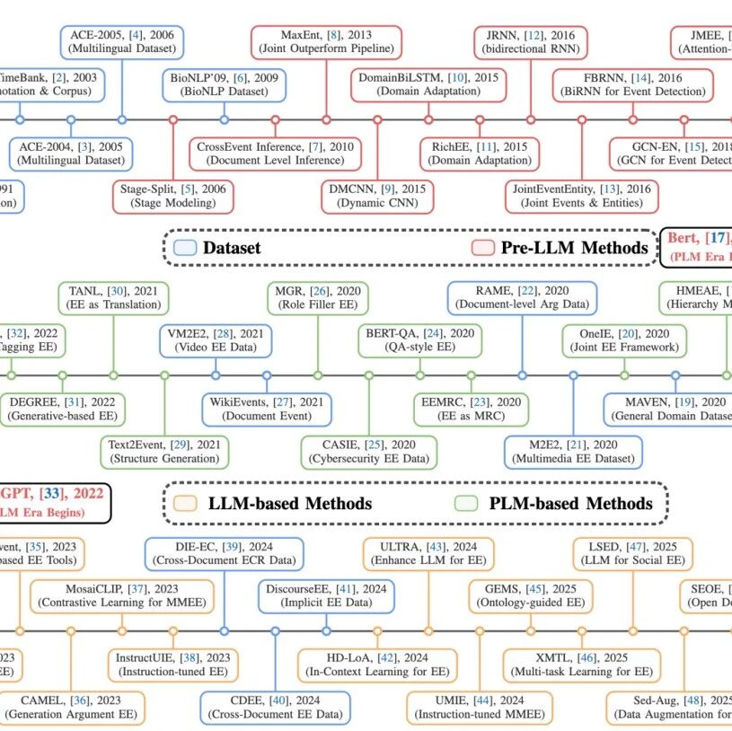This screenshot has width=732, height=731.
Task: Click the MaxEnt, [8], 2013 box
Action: pyautogui.click(x=325, y=41)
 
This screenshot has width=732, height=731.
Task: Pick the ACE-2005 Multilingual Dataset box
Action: pyautogui.click(x=123, y=41)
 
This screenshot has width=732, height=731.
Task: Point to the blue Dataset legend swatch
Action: pyautogui.click(x=184, y=247)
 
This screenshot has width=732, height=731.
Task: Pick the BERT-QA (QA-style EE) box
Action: pyautogui.click(x=419, y=340)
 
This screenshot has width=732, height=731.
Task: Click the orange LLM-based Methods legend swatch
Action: pyautogui.click(x=186, y=503)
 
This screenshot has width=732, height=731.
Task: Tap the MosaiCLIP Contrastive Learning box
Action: pyautogui.click(x=122, y=595)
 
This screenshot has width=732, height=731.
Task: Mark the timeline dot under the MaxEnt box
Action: pyautogui.click(x=325, y=119)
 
